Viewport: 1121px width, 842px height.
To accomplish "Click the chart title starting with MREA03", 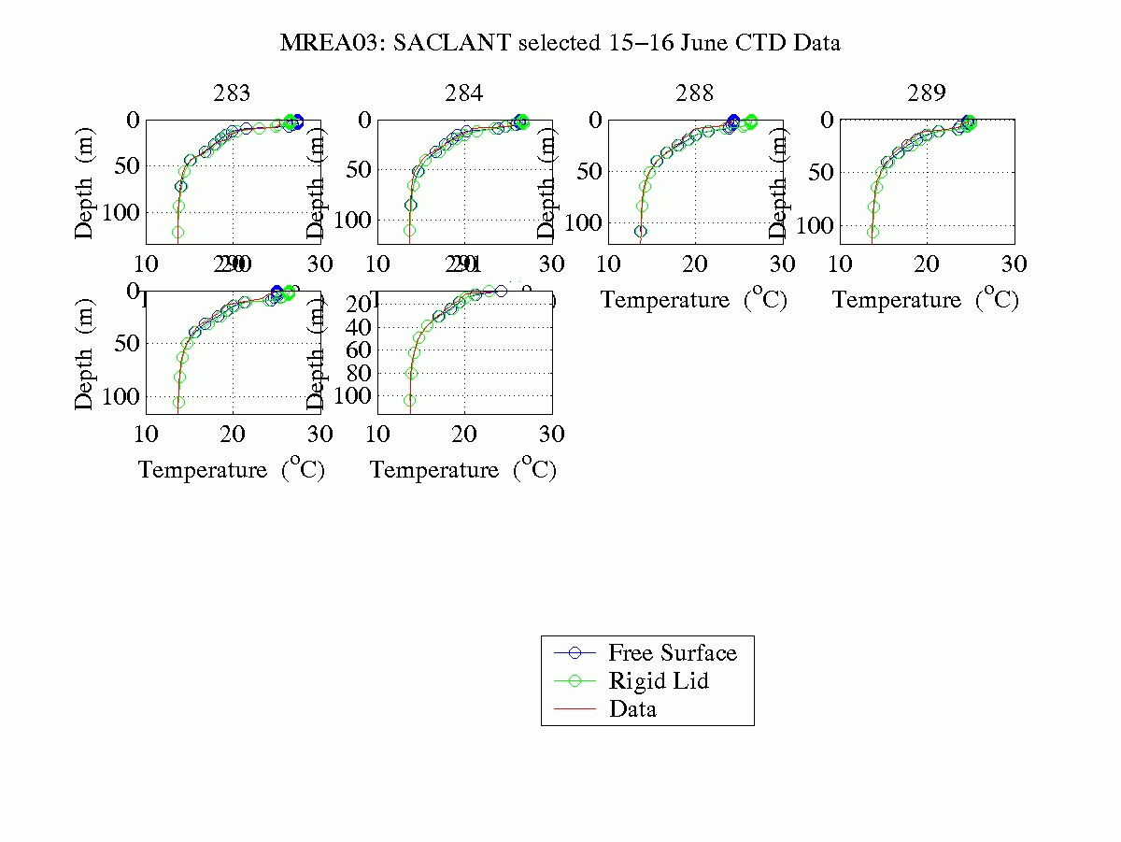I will (x=560, y=43).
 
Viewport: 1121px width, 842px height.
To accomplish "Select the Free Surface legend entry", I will (x=672, y=652).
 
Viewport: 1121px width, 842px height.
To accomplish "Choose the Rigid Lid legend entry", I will (x=659, y=680).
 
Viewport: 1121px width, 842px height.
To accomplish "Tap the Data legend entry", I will (x=632, y=709).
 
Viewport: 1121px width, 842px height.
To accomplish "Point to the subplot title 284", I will (x=464, y=93).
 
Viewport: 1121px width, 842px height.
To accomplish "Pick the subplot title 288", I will (x=695, y=93).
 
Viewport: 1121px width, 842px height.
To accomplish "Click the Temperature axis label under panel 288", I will (x=694, y=300).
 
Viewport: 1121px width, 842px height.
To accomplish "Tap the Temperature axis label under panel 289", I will (x=926, y=300).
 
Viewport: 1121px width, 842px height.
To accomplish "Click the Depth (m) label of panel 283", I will (x=85, y=182).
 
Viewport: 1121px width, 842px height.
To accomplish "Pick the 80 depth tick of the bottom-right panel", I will (x=353, y=373).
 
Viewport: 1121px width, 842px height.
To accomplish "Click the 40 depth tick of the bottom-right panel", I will (x=353, y=327).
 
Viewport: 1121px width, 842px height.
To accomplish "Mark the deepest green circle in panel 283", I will (x=177, y=232).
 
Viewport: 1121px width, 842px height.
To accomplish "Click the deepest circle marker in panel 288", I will (x=640, y=231).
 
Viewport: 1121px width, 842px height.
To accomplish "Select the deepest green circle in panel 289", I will (x=873, y=232).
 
